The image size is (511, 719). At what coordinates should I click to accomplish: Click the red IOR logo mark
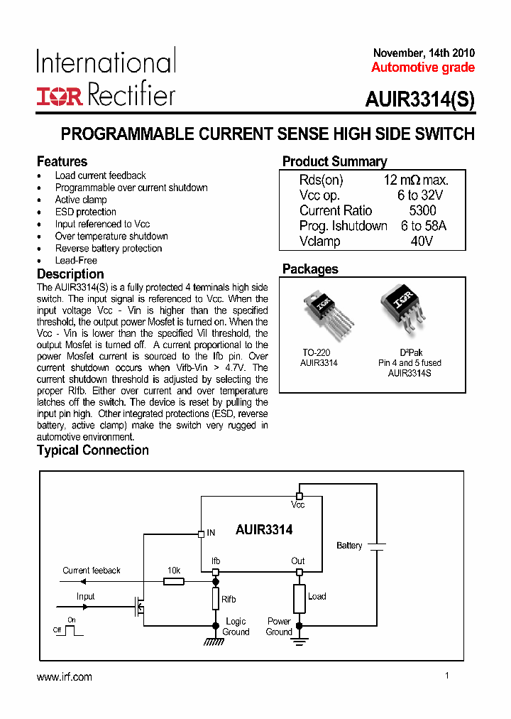coord(59,96)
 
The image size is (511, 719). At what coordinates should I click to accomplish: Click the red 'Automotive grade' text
coord(422,67)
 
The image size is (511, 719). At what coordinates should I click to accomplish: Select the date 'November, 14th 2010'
coord(424,53)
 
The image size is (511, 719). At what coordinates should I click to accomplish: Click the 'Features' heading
coord(62,161)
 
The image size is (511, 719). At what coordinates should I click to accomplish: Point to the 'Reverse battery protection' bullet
coord(109,248)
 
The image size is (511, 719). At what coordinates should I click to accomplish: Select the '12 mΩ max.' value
coord(416,180)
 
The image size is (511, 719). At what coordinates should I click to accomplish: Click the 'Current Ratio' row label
coord(335,210)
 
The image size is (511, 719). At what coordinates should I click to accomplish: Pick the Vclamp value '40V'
coord(422,241)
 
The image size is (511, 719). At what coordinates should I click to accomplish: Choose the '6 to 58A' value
coord(423,226)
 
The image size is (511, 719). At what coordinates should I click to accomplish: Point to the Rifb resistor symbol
coord(216,599)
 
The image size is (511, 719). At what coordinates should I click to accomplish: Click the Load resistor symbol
coord(299,598)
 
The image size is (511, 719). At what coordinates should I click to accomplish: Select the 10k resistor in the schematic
coord(174,581)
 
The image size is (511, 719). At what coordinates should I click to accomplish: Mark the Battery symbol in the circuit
coord(377,546)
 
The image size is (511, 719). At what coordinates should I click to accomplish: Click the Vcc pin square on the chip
coord(299,495)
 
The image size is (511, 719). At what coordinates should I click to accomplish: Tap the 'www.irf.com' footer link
coord(64,677)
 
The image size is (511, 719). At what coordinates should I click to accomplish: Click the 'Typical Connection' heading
coord(92,450)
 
